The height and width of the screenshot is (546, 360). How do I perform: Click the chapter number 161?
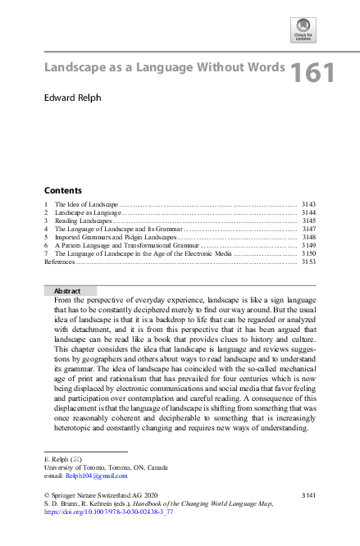coord(312,73)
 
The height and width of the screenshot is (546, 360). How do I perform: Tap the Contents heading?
coord(62,190)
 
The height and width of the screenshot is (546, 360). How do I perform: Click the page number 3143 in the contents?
coord(308,204)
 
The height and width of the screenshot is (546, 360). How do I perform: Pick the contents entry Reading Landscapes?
coord(82,221)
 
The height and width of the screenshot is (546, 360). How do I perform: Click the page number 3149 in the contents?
coord(308,245)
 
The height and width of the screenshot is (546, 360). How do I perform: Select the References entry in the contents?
coord(60,262)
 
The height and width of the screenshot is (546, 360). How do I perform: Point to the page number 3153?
coord(308,262)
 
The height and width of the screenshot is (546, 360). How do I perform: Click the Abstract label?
coord(67,291)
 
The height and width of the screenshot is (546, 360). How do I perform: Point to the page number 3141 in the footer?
coord(308,496)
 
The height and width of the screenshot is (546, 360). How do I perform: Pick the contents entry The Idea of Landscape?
coord(86,204)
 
